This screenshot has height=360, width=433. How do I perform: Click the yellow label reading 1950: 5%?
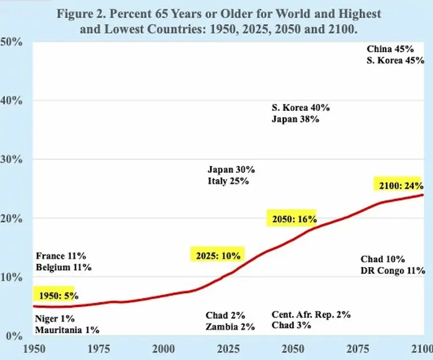point(54,294)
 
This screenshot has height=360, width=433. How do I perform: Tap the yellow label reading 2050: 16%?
point(291,219)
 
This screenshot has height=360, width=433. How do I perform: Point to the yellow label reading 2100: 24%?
point(401,186)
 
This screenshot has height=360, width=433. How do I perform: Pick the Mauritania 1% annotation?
point(67,331)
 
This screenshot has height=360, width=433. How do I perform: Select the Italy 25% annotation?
point(228,181)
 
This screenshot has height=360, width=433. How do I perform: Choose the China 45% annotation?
point(391,50)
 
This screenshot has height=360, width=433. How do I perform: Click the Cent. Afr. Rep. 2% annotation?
point(311,315)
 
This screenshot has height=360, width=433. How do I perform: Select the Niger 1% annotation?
point(55,319)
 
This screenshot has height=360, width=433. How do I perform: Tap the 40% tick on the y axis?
point(12,101)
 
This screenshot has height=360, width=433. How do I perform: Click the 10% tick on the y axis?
point(12,277)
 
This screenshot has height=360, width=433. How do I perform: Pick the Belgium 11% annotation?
point(64,268)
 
